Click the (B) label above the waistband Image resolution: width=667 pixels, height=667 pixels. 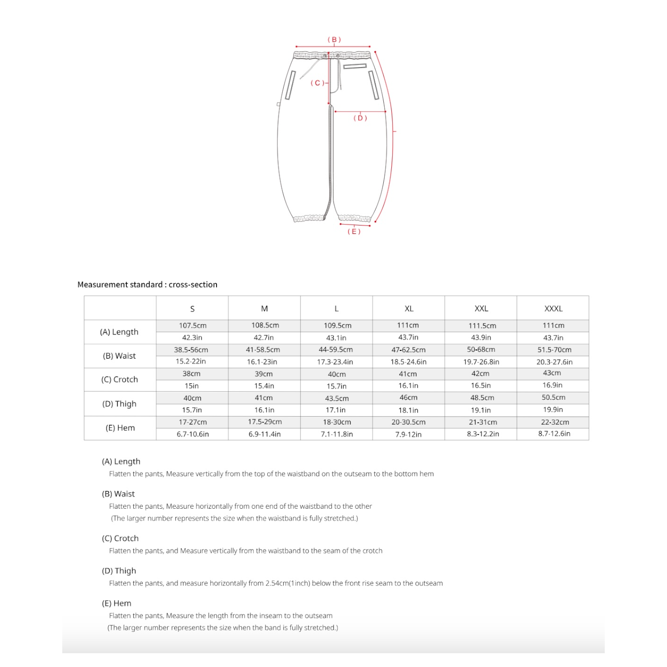point(334,40)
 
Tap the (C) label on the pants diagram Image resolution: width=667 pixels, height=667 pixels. point(317,83)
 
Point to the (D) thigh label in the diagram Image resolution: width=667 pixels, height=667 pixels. point(360,118)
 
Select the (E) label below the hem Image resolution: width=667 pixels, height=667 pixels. point(354,231)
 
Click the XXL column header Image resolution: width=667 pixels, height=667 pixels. point(481,308)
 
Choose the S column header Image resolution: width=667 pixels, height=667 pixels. point(192,309)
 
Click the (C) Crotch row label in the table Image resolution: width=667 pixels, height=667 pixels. point(120,379)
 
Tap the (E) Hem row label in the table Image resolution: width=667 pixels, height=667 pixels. point(120,428)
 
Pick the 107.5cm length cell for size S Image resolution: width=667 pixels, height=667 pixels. point(193,325)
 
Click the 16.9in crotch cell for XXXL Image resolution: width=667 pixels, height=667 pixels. point(552,385)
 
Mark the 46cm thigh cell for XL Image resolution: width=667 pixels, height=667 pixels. point(408,398)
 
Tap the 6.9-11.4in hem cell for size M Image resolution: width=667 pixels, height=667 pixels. point(265,434)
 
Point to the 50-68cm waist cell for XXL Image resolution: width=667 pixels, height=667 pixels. point(481,350)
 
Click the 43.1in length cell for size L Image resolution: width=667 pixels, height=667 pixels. point(336,338)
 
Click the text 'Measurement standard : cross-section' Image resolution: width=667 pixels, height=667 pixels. point(147,285)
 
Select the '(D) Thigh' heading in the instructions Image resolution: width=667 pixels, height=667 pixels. point(119,571)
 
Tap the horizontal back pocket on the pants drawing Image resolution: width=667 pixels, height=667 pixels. point(355,66)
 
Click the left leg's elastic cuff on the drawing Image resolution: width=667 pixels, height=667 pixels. point(309,218)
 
